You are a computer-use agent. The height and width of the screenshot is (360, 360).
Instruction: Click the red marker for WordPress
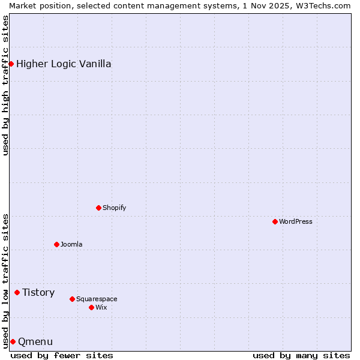pos(275,221)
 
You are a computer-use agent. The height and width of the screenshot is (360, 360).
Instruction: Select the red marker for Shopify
pos(98,208)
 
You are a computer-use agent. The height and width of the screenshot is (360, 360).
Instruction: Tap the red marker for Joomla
pos(56,244)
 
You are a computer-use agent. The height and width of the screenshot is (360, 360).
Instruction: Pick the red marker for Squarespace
pos(72,299)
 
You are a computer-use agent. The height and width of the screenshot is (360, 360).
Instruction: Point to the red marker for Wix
pos(91,307)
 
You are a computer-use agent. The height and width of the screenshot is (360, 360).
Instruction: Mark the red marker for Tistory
pos(17,292)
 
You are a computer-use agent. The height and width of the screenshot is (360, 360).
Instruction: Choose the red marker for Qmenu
pos(13,341)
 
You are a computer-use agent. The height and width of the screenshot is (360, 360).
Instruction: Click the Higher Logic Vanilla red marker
pos(11,64)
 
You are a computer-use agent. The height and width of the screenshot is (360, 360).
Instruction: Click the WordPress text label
pos(296,221)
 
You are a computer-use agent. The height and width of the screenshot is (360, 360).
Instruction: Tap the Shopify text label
pos(114,208)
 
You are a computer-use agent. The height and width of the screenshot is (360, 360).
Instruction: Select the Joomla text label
pos(71,244)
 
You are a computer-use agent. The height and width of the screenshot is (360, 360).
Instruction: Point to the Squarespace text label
pos(97,299)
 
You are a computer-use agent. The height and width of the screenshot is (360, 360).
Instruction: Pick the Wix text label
pos(101,307)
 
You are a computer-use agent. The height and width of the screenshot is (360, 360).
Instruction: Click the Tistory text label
pos(38,292)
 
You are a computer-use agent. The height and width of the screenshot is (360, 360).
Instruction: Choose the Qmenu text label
pos(35,341)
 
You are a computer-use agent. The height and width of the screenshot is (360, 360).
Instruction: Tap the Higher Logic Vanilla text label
pos(64,64)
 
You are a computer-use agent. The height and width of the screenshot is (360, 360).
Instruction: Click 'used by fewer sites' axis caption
pos(62,355)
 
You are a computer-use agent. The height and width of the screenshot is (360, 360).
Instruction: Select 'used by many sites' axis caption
pos(301,355)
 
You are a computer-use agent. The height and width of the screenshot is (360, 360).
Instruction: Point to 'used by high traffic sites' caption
pos(5,85)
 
